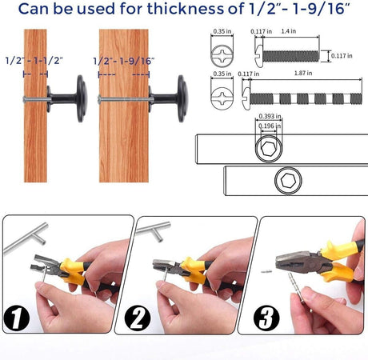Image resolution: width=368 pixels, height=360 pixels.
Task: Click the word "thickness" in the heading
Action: click(x=186, y=9)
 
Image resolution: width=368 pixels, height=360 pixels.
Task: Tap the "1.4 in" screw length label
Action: click(x=289, y=31)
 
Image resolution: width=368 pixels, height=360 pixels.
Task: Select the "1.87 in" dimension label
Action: click(x=303, y=73)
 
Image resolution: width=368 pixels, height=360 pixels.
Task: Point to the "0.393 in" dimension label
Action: click(x=270, y=116)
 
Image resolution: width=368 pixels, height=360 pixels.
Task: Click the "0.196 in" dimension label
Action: click(x=270, y=126)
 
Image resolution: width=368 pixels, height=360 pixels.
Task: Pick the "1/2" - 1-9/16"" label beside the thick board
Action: click(x=124, y=61)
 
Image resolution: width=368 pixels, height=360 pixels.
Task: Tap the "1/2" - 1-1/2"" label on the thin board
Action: click(x=34, y=61)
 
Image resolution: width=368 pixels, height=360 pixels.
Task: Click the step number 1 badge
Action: click(x=17, y=318)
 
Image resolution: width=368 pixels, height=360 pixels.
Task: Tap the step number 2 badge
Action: click(x=138, y=318)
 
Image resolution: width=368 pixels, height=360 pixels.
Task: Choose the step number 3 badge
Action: click(x=266, y=318)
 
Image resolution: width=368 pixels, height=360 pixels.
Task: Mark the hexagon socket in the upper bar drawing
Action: click(x=269, y=148)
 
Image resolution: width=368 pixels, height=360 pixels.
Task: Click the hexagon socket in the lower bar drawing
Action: click(x=288, y=181)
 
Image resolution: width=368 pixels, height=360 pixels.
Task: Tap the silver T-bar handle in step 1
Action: click(x=26, y=238)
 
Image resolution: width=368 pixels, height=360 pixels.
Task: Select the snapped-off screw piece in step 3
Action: click(x=266, y=271)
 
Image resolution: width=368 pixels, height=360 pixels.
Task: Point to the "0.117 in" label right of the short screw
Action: click(x=342, y=56)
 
